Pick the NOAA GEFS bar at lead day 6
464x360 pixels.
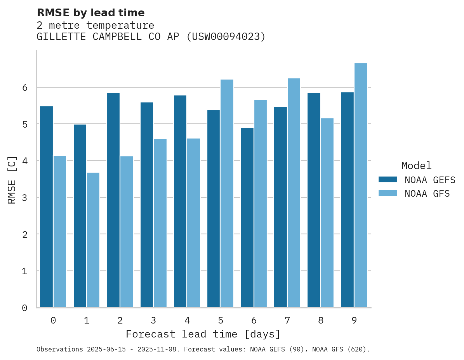coord(247,218)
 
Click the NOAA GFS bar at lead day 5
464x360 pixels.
coord(227,194)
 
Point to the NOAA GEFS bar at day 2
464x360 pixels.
coord(113,200)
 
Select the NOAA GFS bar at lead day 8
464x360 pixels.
coord(327,213)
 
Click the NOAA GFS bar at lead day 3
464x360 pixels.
coord(160,223)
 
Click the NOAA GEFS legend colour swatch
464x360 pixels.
coord(388,180)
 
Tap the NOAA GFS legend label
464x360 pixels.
coord(427,194)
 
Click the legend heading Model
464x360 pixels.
coord(416,166)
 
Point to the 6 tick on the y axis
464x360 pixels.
coord(24,88)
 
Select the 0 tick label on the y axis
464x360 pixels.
coord(24,308)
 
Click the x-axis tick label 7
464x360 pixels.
coord(287,320)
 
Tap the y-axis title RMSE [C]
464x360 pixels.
coord(12,180)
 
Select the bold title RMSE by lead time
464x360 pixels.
coord(90,13)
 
